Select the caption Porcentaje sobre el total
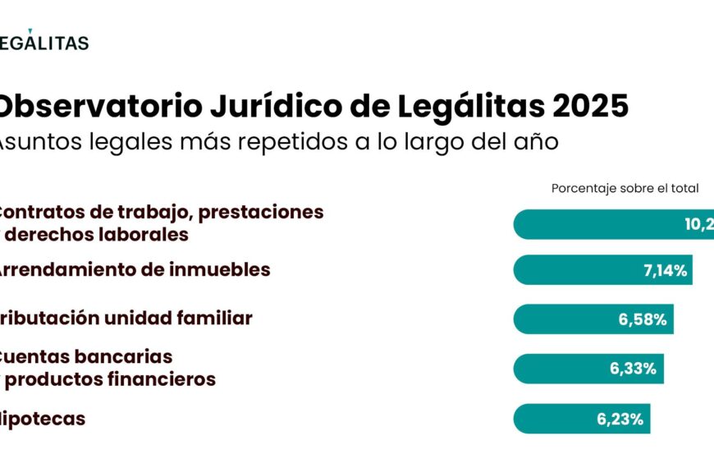[x=625, y=188]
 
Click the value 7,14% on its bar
[x=665, y=270]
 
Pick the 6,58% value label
[x=643, y=319]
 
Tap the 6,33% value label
[x=633, y=369]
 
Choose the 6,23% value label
[x=620, y=419]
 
